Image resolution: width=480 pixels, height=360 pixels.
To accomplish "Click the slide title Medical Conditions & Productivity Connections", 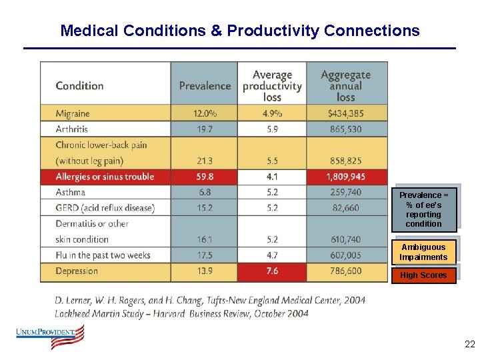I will (x=240, y=31).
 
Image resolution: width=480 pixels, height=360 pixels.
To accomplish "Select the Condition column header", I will (x=79, y=86).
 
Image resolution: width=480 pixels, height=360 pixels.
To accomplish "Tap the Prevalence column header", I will (x=205, y=86).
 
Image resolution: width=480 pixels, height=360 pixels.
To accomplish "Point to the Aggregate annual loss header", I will (x=345, y=85).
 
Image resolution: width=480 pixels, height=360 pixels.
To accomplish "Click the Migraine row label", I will (x=73, y=113).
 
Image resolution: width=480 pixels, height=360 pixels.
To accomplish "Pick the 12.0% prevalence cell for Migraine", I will (x=205, y=113).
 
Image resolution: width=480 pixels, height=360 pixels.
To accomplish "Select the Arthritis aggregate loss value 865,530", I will (x=345, y=129).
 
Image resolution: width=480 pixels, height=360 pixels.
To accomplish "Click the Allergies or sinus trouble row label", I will (x=105, y=177).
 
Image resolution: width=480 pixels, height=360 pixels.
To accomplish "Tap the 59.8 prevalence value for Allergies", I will (x=205, y=177).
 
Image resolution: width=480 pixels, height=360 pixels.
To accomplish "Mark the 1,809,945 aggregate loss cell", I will (x=345, y=177).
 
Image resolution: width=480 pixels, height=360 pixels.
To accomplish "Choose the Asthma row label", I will (x=71, y=192).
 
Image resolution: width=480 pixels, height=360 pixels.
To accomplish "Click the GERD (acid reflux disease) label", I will (x=105, y=208).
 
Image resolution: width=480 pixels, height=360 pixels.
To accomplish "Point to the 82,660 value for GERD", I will (x=345, y=208).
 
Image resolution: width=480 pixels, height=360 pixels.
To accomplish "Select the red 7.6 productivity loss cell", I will (x=272, y=271).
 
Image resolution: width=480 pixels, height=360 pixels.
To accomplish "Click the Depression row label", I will (x=77, y=271).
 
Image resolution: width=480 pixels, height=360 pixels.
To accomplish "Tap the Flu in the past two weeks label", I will (x=103, y=255).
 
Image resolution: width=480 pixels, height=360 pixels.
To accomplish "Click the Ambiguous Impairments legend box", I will (x=423, y=252).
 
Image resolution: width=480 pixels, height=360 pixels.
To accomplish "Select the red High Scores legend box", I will (x=423, y=275).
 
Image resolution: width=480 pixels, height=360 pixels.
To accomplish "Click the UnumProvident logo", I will (x=51, y=337).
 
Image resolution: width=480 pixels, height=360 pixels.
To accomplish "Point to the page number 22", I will (x=469, y=345).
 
